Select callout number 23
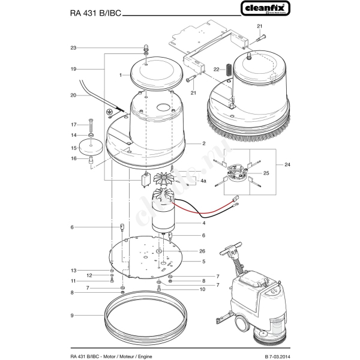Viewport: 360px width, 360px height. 73,47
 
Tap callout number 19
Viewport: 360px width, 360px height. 73,70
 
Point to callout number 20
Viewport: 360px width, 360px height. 73,95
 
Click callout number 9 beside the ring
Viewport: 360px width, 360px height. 71,316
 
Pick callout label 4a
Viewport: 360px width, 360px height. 203,181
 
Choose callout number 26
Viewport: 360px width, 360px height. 202,251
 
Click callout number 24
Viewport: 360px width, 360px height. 287,164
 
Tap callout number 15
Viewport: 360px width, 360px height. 73,148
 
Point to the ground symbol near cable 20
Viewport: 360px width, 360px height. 110,112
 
